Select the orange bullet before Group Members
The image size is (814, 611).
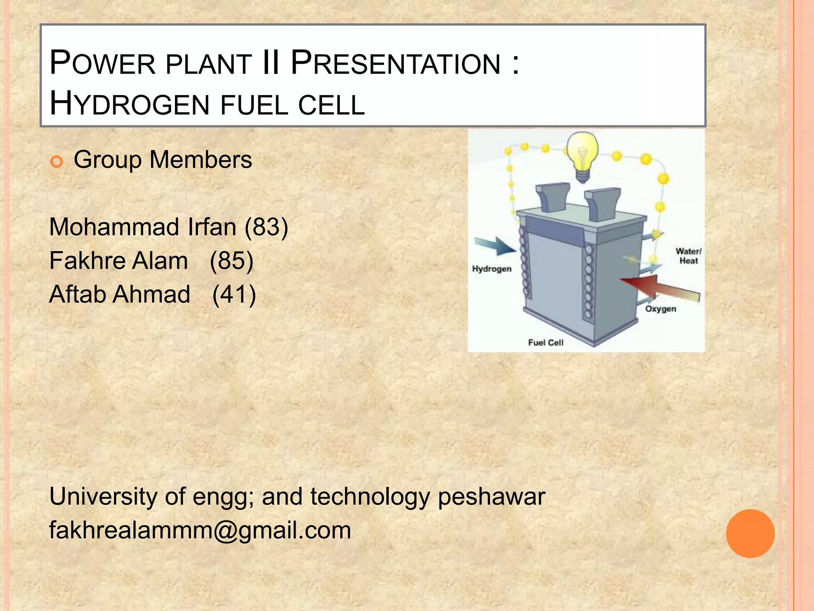pos(57,162)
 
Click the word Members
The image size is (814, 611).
pos(201,160)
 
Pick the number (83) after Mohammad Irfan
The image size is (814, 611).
pos(266,227)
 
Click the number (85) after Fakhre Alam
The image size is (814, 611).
pos(231,261)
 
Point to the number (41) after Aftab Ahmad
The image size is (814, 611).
pos(234,295)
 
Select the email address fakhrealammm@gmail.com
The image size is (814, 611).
pos(200,531)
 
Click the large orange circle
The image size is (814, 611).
pos(750,533)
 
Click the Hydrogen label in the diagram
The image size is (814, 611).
pos(492,269)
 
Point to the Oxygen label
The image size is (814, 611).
pos(660,309)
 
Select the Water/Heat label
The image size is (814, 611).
pos(688,256)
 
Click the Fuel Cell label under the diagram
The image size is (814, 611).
pos(545,342)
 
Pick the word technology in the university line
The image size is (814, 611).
pos(370,497)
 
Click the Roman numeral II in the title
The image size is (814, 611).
pos(271,63)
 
